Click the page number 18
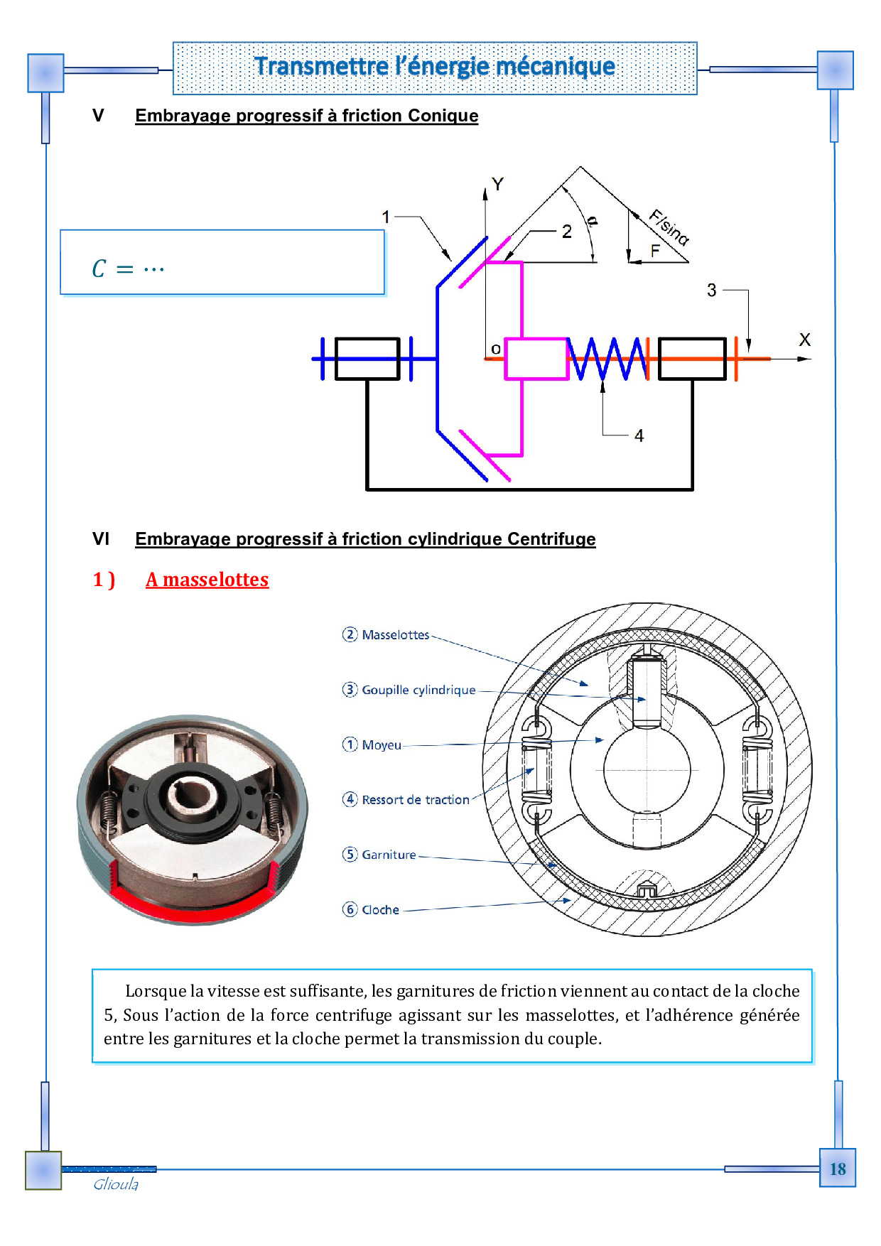(x=838, y=1169)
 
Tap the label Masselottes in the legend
(x=395, y=635)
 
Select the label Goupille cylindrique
(x=418, y=690)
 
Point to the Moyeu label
(x=382, y=745)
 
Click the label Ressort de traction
(x=416, y=800)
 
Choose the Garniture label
(x=389, y=855)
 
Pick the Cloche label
(x=380, y=910)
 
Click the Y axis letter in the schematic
(x=497, y=185)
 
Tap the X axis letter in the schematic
(x=804, y=340)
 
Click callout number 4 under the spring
(x=639, y=435)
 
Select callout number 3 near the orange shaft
(x=711, y=290)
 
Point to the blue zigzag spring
(x=607, y=359)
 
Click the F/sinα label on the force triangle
(x=669, y=227)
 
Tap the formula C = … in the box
(x=128, y=269)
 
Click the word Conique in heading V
(x=443, y=116)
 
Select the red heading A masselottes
(x=207, y=580)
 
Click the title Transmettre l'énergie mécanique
(x=435, y=67)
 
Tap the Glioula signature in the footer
(x=116, y=1184)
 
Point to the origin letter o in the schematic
(x=496, y=349)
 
